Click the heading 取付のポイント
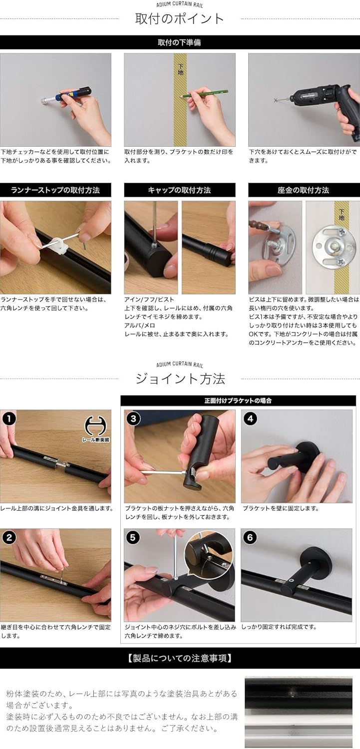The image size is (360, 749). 180,19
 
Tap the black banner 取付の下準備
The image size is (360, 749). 180,42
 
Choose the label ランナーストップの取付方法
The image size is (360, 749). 55,190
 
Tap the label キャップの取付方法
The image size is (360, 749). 179,190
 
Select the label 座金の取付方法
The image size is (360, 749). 304,190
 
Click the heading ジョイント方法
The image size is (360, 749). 180,378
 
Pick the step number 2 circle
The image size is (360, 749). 8,537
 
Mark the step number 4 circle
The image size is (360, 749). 250,418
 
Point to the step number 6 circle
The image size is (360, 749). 250,537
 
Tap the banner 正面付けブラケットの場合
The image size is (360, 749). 238,400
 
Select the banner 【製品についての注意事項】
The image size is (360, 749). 180,658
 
